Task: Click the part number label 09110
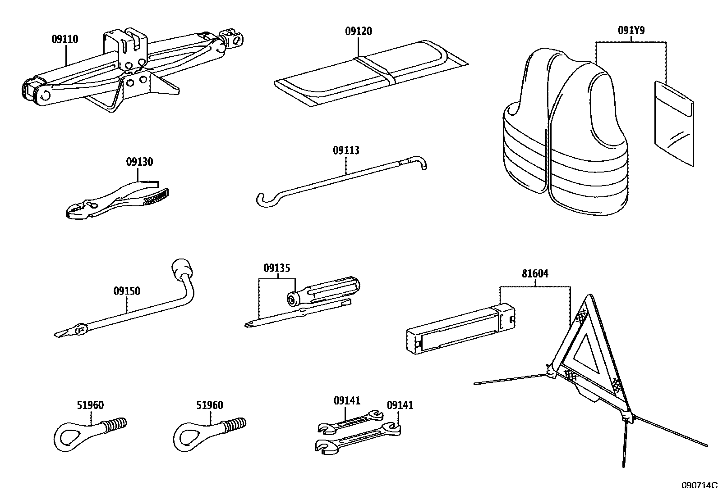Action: point(64,39)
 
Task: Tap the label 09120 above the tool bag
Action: point(359,31)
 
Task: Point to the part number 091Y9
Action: point(631,31)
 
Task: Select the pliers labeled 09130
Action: point(117,200)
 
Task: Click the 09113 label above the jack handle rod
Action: point(346,150)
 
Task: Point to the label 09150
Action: point(127,291)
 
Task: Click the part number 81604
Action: point(535,273)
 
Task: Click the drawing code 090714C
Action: point(699,485)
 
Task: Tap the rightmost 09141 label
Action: point(400,405)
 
